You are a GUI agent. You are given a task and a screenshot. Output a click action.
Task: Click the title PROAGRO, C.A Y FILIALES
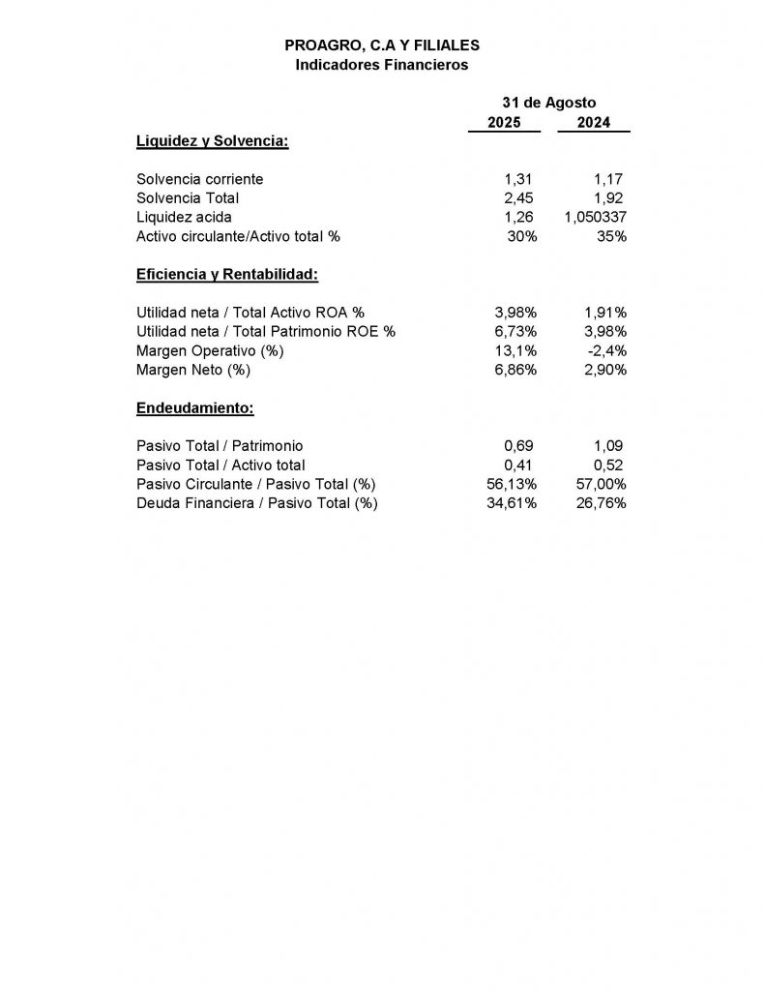click(382, 45)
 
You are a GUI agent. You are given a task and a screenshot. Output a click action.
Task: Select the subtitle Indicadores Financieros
click(382, 65)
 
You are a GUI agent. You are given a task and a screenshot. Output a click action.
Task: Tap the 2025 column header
click(504, 123)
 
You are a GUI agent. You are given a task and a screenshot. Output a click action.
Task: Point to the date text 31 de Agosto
click(548, 103)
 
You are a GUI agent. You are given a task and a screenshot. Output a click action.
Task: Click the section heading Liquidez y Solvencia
click(213, 141)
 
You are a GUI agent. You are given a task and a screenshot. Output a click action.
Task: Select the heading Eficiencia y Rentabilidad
click(227, 274)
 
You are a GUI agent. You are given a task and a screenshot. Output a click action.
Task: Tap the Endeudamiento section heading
click(195, 407)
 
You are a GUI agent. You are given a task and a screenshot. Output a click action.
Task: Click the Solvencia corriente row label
click(200, 179)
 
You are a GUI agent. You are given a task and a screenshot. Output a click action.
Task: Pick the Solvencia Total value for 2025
click(518, 197)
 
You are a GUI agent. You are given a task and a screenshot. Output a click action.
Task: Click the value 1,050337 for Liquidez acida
click(595, 217)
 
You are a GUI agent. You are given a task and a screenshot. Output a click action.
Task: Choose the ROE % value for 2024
click(605, 331)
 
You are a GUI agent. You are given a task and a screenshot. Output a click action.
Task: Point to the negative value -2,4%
click(608, 350)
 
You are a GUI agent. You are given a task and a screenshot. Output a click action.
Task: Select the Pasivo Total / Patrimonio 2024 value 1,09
click(609, 445)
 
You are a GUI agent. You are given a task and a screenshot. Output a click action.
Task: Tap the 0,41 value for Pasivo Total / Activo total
click(518, 465)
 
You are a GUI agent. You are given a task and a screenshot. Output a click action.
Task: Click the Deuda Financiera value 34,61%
click(512, 503)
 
